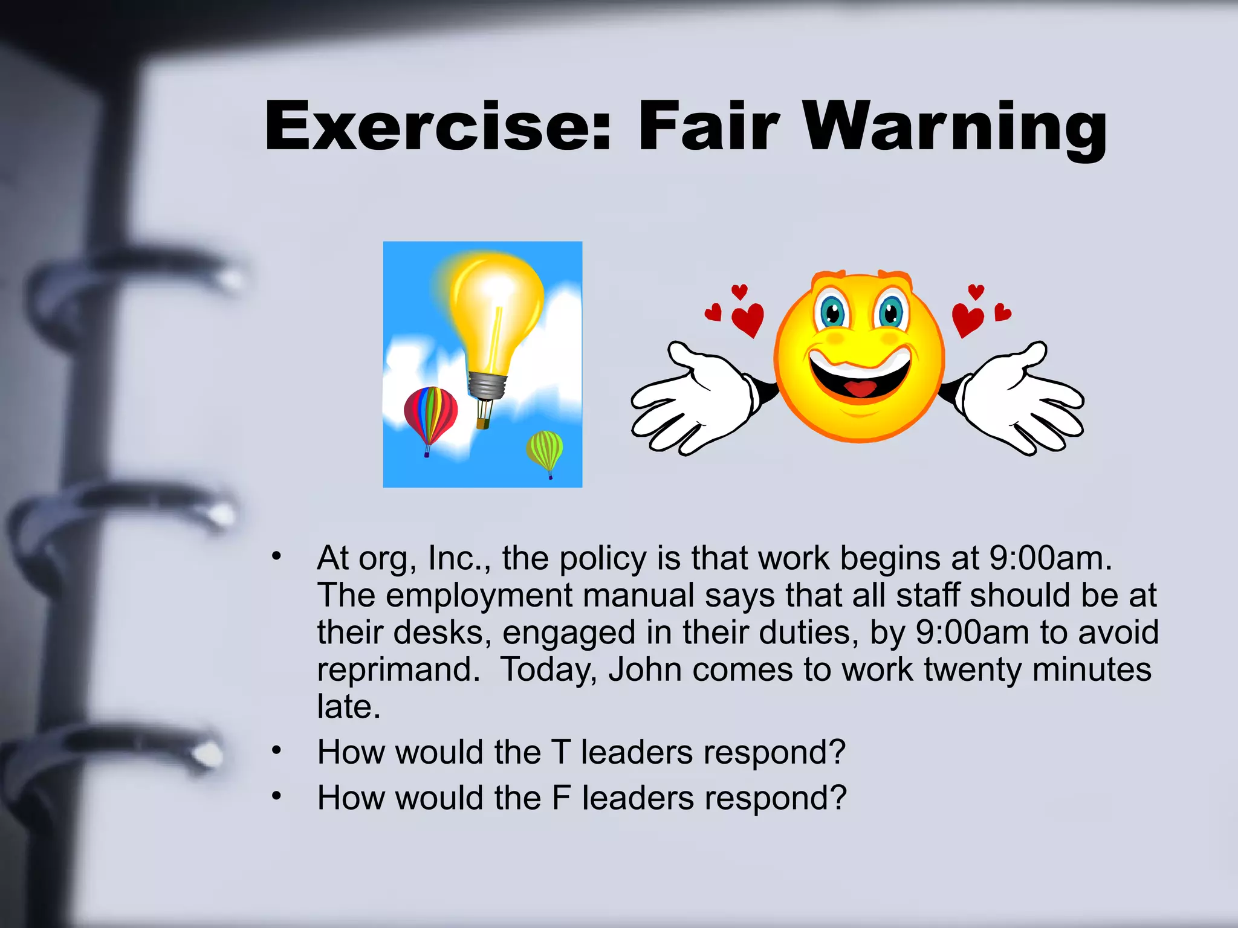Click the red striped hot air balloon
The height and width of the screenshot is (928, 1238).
[x=430, y=414]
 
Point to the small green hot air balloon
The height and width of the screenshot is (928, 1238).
[x=545, y=450]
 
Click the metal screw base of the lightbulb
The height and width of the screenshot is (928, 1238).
[x=487, y=385]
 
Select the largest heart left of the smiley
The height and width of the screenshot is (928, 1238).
[x=748, y=318]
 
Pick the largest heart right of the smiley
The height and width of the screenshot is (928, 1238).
[x=967, y=318]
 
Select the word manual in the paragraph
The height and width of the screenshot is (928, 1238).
[x=638, y=596]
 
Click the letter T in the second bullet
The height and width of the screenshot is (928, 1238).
[x=560, y=752]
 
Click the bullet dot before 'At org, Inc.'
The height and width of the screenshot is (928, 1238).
[x=276, y=556]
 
